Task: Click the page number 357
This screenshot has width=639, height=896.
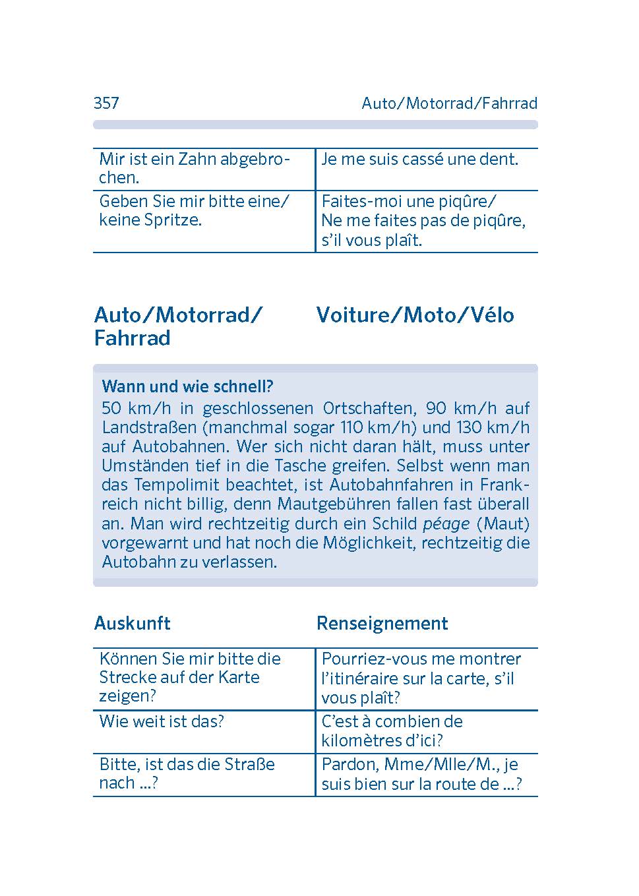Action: coord(106,103)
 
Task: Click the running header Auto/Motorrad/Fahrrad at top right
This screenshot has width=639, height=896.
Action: coord(449,103)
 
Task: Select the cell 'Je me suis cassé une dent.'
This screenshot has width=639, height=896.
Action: coord(419,159)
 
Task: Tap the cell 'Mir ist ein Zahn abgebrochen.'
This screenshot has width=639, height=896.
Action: coord(194,168)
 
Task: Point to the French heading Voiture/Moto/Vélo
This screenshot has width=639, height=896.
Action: coord(415,314)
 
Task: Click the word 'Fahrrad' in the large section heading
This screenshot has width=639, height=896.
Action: coord(133,338)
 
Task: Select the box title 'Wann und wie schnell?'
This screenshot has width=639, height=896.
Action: coord(187,386)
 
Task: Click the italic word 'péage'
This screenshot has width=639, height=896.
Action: coord(446,523)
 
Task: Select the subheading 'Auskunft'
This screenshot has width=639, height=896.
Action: coord(133,623)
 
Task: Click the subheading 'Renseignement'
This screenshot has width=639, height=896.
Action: coord(382,623)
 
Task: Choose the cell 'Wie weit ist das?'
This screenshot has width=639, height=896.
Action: coord(162,721)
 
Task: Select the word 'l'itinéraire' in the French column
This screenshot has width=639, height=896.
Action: coord(362,678)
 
